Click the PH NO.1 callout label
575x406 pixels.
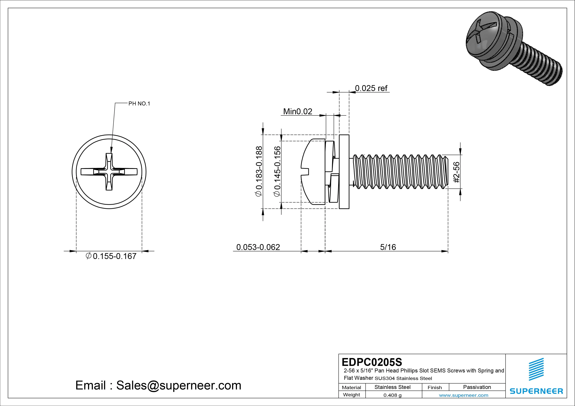click(139, 104)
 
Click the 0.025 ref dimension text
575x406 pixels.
click(371, 88)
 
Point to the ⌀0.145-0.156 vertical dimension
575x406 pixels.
click(278, 171)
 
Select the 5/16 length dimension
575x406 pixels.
click(388, 247)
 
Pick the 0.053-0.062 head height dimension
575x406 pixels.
click(258, 247)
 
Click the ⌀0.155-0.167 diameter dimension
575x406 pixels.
click(111, 256)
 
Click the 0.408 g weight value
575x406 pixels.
click(392, 395)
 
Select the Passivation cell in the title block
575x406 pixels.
click(477, 387)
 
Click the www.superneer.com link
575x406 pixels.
click(463, 395)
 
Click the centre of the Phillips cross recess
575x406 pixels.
click(109, 172)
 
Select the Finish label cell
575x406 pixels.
click(435, 387)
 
